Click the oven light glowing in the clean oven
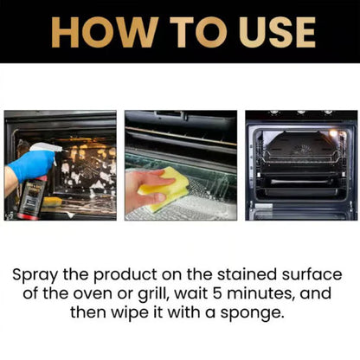[x=332, y=132]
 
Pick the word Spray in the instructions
[x=38, y=274]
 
